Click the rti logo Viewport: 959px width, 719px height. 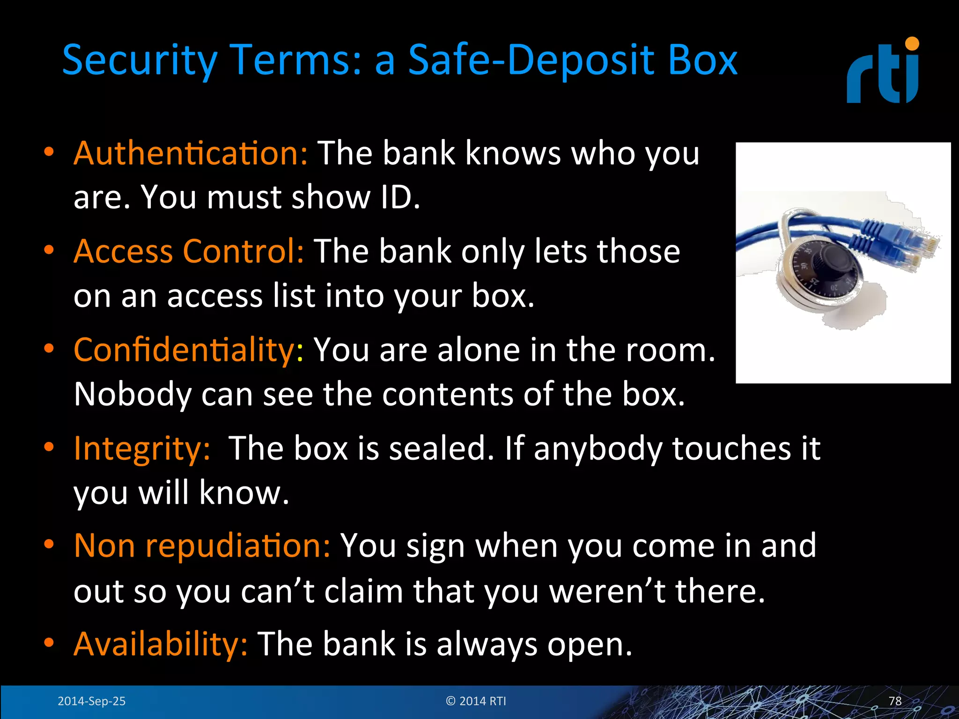(882, 73)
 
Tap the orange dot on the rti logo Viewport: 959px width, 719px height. (912, 44)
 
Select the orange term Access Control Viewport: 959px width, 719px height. (189, 251)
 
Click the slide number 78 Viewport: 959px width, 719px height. (895, 701)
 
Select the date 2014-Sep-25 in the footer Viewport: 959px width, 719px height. (91, 701)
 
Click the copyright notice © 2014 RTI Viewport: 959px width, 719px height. (476, 701)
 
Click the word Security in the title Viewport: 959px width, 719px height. (140, 61)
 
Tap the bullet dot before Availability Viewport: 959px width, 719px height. (49, 643)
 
